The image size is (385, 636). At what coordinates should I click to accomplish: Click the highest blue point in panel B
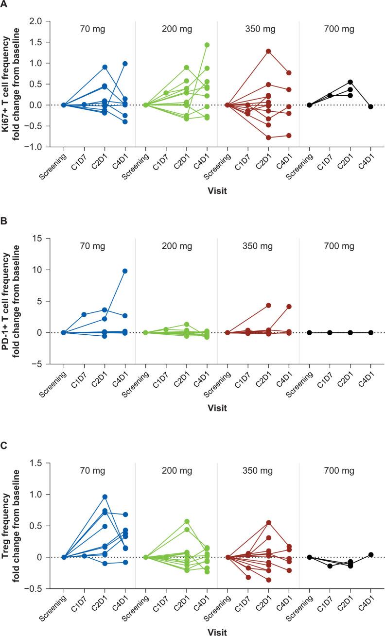point(125,271)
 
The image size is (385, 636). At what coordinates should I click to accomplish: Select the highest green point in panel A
point(207,45)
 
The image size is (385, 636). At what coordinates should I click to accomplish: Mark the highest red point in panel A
point(268,51)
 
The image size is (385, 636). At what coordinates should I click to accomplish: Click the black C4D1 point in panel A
point(371,106)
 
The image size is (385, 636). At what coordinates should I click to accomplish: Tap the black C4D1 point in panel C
point(371,554)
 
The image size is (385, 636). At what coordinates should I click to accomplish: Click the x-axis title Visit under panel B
point(217,408)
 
